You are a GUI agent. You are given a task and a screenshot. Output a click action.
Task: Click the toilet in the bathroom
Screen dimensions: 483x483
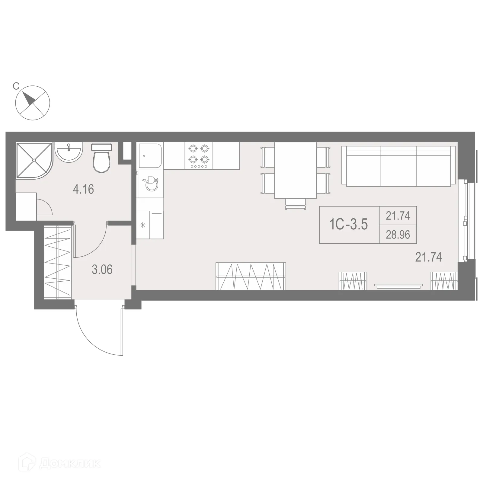pyautogui.click(x=101, y=159)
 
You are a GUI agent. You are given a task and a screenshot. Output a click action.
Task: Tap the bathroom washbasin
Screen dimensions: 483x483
pyautogui.click(x=69, y=152)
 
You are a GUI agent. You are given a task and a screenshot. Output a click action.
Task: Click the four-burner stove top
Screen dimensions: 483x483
pyautogui.click(x=199, y=156)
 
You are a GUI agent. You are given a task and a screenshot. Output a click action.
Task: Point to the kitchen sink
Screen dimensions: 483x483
pyautogui.click(x=150, y=155)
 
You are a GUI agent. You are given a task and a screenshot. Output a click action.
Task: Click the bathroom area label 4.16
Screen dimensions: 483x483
pyautogui.click(x=83, y=189)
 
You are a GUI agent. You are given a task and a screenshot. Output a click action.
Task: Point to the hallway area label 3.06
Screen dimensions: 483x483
pyautogui.click(x=102, y=270)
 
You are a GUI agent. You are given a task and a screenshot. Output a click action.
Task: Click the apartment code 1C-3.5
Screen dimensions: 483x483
pyautogui.click(x=349, y=225)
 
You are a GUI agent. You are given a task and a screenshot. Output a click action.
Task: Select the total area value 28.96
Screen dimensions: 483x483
pyautogui.click(x=398, y=235)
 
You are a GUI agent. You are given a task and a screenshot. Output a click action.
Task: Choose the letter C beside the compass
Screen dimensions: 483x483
pyautogui.click(x=16, y=86)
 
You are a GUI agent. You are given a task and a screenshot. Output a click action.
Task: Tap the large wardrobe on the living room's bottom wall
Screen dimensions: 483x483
pyautogui.click(x=251, y=276)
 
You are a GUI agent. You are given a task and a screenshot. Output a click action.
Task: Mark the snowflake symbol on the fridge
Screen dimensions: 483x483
pyautogui.click(x=143, y=225)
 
